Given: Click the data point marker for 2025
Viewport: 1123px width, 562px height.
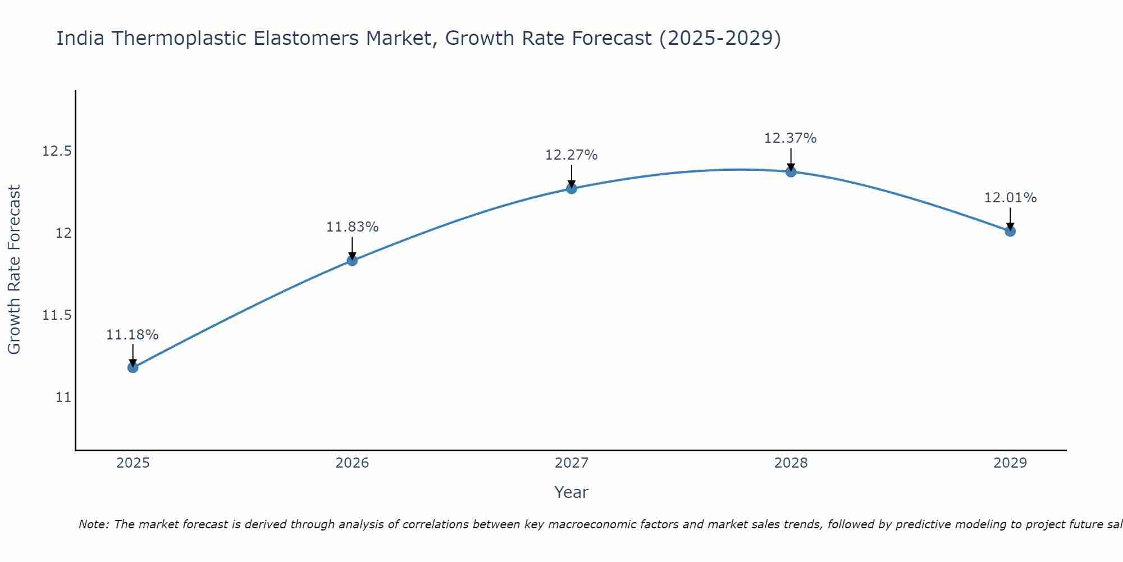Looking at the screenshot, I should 133,368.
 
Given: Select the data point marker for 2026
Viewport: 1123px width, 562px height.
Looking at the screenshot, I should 352,260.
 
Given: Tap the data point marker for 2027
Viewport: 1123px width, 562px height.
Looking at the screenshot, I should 572,188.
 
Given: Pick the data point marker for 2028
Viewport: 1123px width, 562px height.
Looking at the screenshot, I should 791,171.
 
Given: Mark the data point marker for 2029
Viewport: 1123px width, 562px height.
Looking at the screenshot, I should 1010,231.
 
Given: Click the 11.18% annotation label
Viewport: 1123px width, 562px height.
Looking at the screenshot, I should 133,335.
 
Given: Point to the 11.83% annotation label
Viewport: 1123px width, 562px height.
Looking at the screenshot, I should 352,227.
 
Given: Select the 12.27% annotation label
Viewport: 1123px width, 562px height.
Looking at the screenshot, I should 571,155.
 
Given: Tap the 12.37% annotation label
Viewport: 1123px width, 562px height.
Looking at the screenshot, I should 790,138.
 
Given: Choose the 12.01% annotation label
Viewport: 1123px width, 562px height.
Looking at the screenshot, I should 1010,198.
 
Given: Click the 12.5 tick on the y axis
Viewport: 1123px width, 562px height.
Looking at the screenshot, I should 57,151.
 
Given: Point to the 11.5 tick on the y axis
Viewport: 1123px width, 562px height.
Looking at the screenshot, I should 57,315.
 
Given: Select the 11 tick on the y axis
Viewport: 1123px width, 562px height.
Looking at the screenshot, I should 63,397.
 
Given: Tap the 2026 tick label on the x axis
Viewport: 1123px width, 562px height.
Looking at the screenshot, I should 352,463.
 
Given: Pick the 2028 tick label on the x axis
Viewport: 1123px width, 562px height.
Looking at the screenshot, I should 791,463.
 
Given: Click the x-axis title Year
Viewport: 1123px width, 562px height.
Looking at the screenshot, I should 571,492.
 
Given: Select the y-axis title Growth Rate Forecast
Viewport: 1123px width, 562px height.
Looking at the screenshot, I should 14,270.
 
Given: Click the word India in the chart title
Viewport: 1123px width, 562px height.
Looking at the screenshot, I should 80,38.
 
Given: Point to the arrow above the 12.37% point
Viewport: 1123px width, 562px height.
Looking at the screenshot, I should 791,159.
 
